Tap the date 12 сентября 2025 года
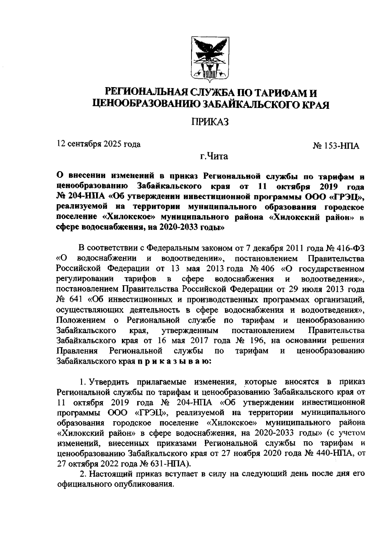(x=99, y=144)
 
